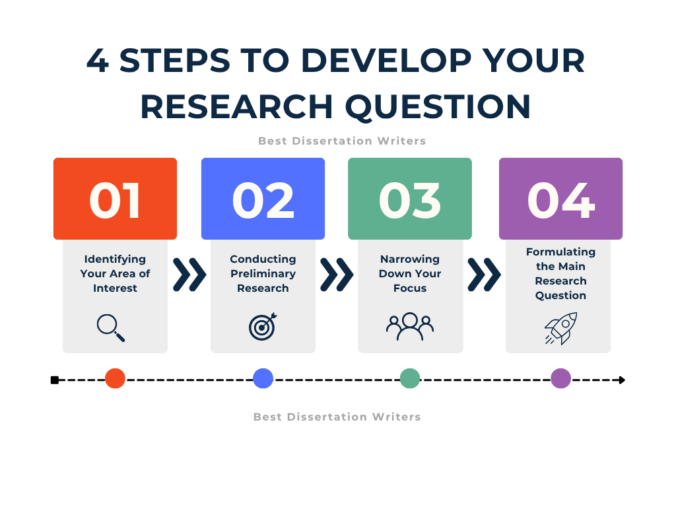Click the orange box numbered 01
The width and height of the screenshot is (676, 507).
(x=115, y=199)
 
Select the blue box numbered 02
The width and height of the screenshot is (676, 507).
(x=263, y=199)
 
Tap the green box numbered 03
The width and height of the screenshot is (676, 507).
(x=410, y=199)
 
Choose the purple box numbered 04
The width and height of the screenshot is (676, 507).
(x=561, y=199)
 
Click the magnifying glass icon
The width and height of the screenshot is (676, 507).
(x=110, y=327)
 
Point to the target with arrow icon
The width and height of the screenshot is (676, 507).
(x=263, y=326)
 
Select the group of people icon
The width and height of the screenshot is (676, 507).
(x=410, y=326)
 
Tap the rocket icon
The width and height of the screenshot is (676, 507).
(x=561, y=329)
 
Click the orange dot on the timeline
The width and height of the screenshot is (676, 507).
(x=115, y=378)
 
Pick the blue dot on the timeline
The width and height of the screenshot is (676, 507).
(x=263, y=378)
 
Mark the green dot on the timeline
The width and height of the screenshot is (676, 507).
(x=410, y=378)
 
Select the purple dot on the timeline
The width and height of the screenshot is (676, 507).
(x=561, y=378)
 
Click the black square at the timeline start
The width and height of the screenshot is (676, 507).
(x=55, y=380)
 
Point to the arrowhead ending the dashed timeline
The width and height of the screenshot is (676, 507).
(x=622, y=380)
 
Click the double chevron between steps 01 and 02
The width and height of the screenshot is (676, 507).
(x=189, y=275)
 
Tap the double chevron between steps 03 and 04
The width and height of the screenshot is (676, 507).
(x=484, y=275)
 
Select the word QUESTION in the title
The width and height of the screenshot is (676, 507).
(x=438, y=107)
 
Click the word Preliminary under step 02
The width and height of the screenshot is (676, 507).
(x=263, y=274)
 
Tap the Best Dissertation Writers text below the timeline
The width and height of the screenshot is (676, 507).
(x=337, y=417)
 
